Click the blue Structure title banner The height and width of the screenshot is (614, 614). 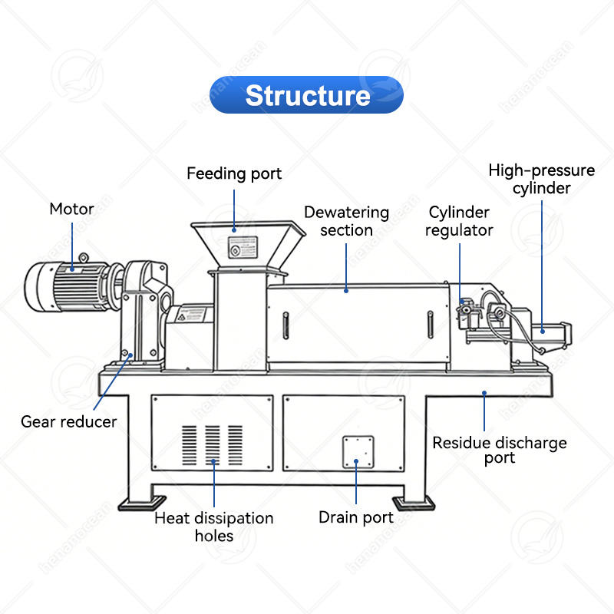306,95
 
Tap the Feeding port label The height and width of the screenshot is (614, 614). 234,173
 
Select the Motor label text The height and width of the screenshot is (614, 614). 71,209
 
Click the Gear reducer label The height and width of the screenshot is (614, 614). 68,421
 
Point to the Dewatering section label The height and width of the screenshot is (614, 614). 346,221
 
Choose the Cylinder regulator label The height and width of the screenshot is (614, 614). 459,221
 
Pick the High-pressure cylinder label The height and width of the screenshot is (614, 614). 541,179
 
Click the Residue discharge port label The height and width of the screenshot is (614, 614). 499,451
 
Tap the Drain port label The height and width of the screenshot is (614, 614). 356,517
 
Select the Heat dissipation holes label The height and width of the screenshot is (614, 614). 213,527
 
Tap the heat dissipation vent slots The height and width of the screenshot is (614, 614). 213,444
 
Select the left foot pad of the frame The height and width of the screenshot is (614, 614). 138,503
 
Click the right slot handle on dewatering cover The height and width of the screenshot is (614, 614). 432,324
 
